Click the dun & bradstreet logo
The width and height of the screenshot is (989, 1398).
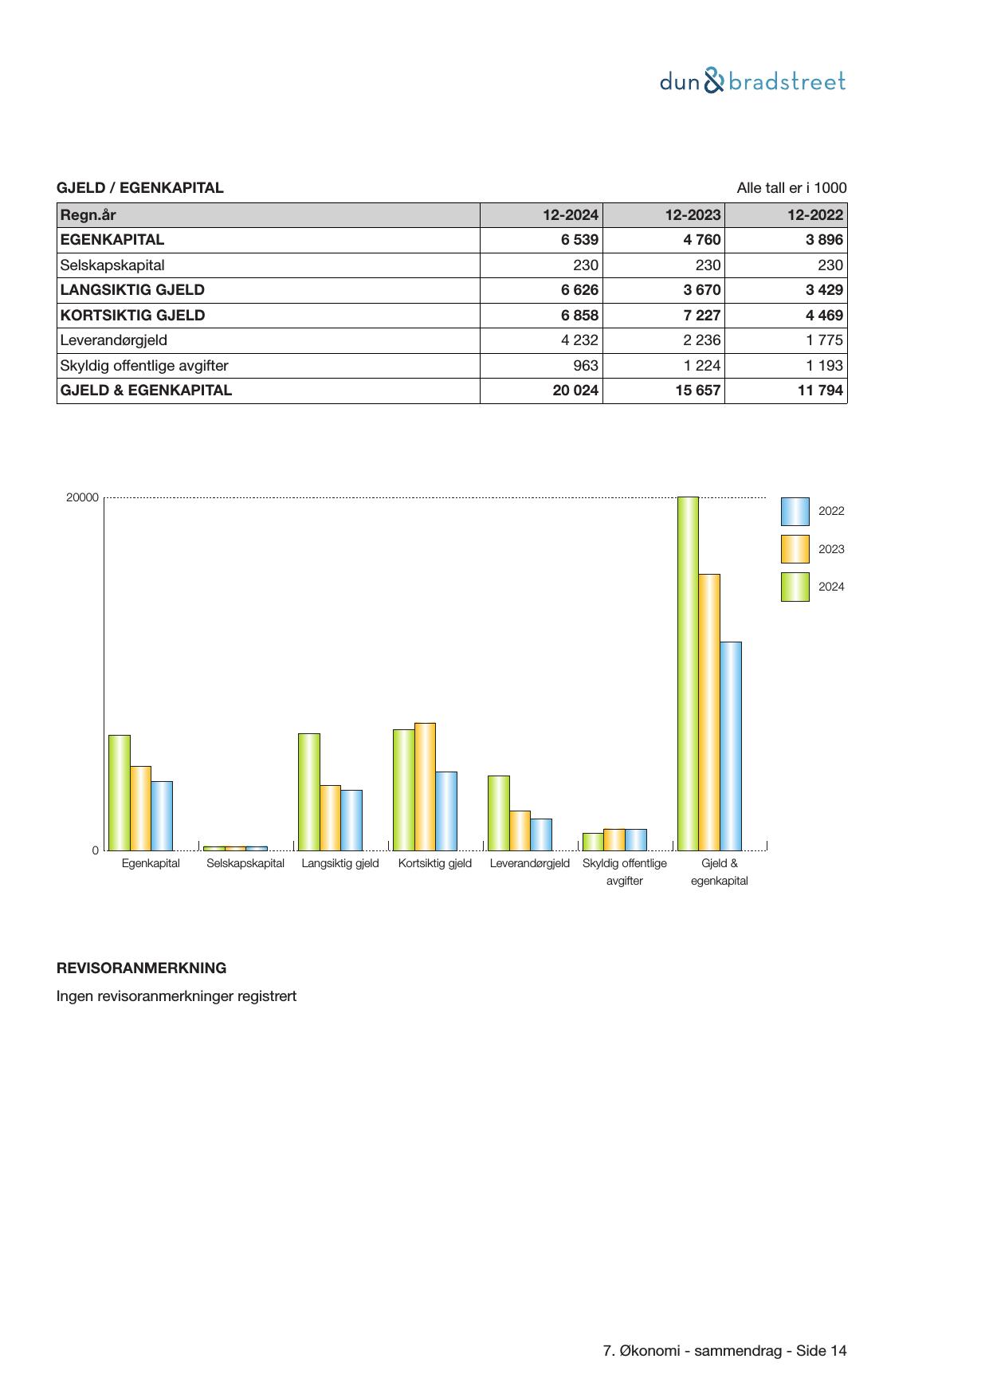[x=752, y=81]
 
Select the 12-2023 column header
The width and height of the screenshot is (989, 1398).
[x=693, y=214]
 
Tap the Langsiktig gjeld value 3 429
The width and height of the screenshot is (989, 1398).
[x=823, y=290]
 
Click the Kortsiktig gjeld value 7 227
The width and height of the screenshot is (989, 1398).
[x=701, y=316]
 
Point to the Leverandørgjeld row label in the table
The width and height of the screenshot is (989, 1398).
[x=114, y=340]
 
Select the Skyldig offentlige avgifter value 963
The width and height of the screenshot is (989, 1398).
[x=585, y=366]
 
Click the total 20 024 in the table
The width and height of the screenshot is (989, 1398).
[x=575, y=391]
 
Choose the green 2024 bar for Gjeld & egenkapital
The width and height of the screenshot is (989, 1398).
[x=688, y=673]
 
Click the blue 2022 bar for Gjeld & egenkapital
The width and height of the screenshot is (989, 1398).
[x=731, y=746]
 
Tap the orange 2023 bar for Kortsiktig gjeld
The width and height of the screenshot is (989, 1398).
[x=425, y=787]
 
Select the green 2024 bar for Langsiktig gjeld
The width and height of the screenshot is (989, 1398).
[x=309, y=791]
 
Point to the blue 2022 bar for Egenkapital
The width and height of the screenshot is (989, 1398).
[x=162, y=815]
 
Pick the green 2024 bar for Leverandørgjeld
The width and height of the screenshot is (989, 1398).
[x=498, y=813]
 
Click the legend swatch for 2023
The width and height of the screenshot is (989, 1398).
[x=795, y=549]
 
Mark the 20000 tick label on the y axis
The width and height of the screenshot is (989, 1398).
[x=82, y=498]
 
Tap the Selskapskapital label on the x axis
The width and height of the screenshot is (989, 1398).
[x=245, y=863]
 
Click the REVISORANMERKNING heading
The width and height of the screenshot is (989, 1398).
[x=141, y=968]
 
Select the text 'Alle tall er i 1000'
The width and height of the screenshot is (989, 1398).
[x=791, y=188]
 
